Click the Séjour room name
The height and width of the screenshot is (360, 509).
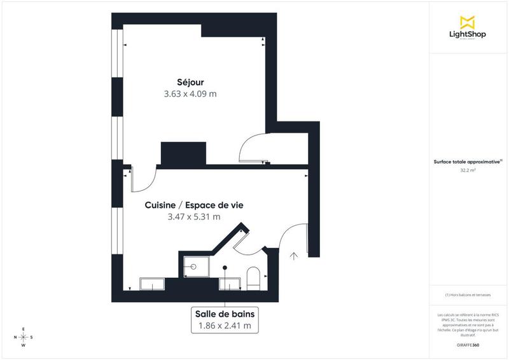tap(191, 81)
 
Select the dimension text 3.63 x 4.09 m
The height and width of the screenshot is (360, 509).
tap(191, 94)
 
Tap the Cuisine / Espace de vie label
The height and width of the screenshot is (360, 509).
tap(194, 205)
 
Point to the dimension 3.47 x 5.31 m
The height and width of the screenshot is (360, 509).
tap(194, 217)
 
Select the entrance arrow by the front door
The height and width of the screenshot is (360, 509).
tap(294, 257)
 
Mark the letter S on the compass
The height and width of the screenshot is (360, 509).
tap(32, 337)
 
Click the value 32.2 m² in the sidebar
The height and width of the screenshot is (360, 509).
tap(468, 170)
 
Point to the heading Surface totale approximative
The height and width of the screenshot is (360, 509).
tap(468, 162)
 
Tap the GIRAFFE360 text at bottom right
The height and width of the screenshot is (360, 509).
tap(468, 344)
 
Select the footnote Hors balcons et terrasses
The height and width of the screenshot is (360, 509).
tap(468, 295)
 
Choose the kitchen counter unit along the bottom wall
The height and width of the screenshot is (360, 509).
tap(153, 283)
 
